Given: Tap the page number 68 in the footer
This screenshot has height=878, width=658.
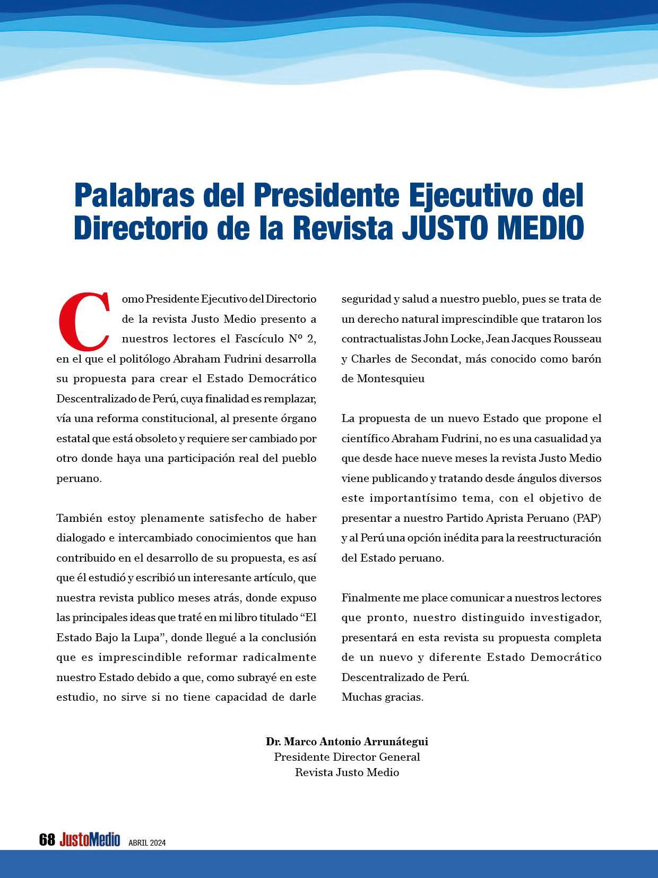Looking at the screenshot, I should coord(47,840).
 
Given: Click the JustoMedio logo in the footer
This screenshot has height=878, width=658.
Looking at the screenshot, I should coord(90,840).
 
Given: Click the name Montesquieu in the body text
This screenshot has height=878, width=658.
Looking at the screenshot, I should coord(391,379).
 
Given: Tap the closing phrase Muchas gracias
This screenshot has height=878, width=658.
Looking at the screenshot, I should coord(382,698).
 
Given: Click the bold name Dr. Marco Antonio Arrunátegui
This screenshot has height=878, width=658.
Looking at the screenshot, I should coord(347,742).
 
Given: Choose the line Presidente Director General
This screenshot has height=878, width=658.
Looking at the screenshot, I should coord(347,757).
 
